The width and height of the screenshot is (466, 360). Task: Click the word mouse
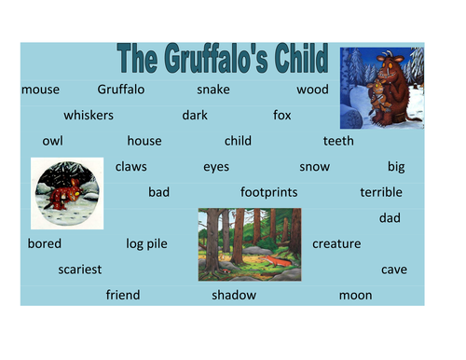[39, 90]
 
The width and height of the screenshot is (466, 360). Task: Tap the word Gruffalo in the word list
[121, 90]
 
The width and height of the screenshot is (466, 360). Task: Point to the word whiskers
[89, 116]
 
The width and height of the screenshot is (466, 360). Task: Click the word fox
[282, 116]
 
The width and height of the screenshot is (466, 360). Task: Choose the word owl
[52, 142]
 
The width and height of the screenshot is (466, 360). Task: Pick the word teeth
[338, 142]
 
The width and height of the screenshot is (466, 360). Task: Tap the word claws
[130, 167]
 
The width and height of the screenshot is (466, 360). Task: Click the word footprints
[268, 192]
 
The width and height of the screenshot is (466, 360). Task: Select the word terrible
[381, 192]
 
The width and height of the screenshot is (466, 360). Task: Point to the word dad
[390, 218]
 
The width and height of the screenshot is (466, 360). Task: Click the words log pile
[146, 243]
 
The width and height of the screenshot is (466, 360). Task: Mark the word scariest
[79, 270]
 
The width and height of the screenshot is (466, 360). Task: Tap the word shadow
[233, 295]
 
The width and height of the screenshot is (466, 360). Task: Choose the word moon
[355, 295]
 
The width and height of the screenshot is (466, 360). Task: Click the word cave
[394, 270]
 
